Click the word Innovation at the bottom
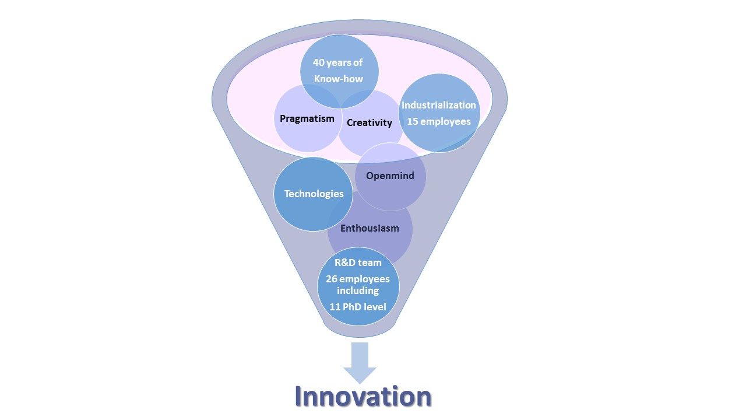[363, 396]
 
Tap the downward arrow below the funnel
[360, 363]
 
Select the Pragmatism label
[307, 119]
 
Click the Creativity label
[370, 123]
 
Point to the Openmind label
[390, 176]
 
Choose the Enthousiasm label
[370, 228]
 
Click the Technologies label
[314, 194]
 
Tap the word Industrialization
[439, 105]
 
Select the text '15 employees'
[439, 122]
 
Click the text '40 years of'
[337, 62]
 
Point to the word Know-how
[339, 79]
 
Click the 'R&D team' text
[358, 262]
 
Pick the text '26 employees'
[358, 279]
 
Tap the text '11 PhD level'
[358, 307]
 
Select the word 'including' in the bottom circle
[358, 290]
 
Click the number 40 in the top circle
[319, 62]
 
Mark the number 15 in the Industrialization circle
[412, 122]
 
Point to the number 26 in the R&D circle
[332, 279]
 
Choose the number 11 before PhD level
[335, 307]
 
